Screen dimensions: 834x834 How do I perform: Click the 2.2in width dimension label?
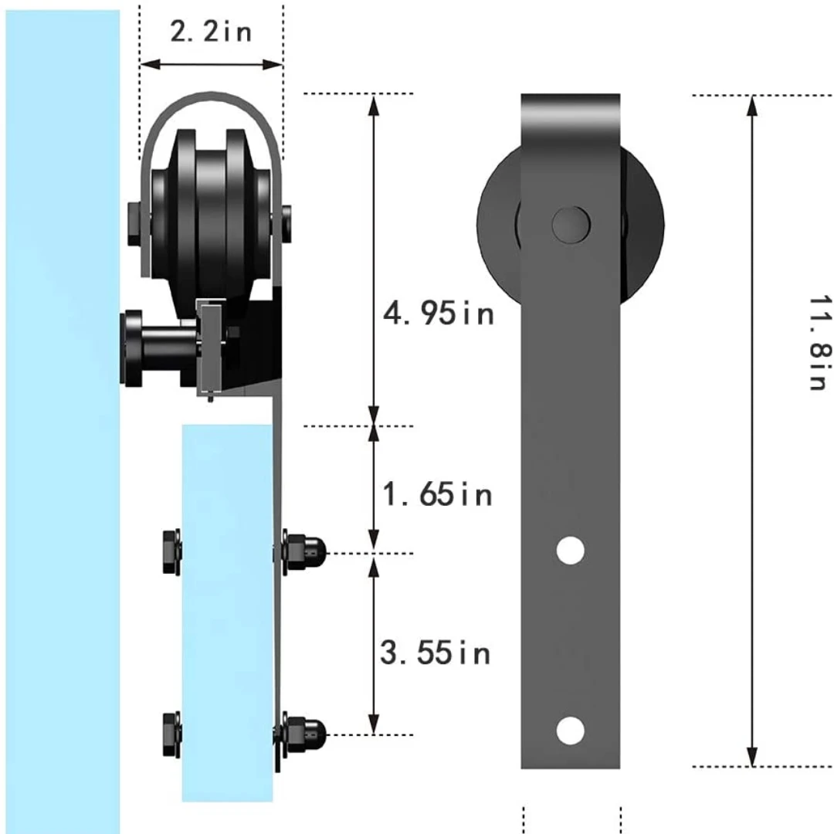(x=211, y=32)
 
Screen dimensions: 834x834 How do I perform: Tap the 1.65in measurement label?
(x=437, y=494)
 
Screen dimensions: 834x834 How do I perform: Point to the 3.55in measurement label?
(x=436, y=653)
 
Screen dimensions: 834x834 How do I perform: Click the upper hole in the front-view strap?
(x=570, y=549)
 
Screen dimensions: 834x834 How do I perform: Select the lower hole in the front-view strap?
(x=570, y=730)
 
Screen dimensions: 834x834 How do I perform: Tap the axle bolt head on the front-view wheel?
(x=571, y=224)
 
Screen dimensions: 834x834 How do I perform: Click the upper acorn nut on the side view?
(x=303, y=551)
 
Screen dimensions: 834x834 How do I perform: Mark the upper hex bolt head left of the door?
(x=171, y=551)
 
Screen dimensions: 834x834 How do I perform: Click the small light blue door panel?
(x=227, y=618)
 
